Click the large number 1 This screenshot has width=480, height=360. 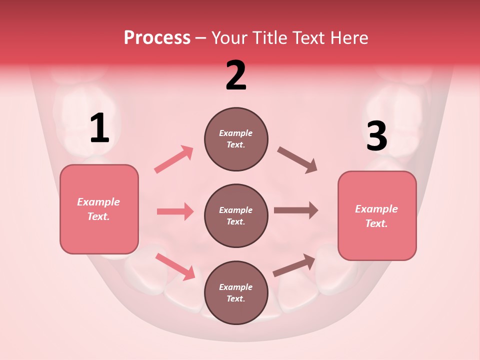tap(99, 128)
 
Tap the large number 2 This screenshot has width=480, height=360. tap(236, 75)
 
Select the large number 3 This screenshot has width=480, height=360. tap(376, 136)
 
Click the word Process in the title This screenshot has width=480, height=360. tap(157, 37)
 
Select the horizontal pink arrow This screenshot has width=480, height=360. tap(175, 211)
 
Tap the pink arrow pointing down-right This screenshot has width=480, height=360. tap(175, 266)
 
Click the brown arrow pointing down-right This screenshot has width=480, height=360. tap(297, 160)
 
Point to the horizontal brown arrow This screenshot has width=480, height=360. tap(295, 210)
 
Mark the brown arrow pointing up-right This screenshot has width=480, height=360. tap(294, 265)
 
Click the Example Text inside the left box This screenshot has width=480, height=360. tap(98, 209)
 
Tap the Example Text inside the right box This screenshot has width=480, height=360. tap(376, 216)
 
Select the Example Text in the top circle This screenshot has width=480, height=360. tap(236, 139)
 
